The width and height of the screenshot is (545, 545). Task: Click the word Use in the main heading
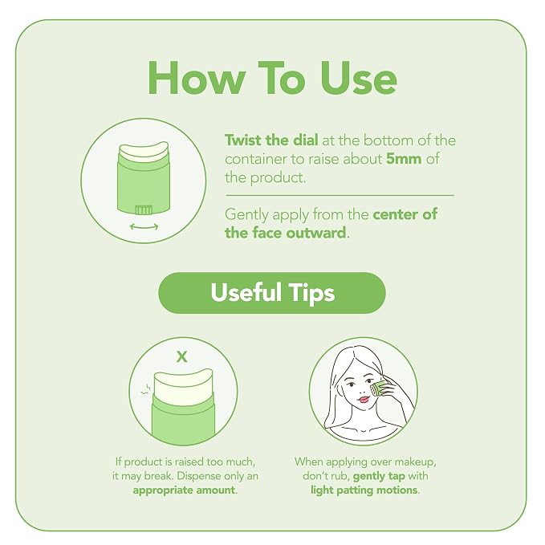[x=358, y=78]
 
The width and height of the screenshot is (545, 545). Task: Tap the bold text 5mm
[x=404, y=159]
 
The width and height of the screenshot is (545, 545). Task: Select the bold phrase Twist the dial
[x=271, y=140]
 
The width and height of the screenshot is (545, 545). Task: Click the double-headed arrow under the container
[x=144, y=226]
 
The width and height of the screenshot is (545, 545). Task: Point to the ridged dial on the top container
[x=144, y=209]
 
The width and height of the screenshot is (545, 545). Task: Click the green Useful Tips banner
[x=272, y=293]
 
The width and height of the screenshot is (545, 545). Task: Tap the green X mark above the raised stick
[x=181, y=356]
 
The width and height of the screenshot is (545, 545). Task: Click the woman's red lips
[x=364, y=399]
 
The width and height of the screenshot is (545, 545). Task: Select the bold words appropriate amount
[x=184, y=490]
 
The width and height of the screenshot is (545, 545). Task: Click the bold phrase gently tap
[x=379, y=476]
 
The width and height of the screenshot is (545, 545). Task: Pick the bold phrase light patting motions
[x=364, y=490]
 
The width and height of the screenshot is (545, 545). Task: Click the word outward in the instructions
[x=316, y=233]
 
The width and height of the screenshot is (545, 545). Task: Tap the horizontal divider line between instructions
[x=340, y=196]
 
